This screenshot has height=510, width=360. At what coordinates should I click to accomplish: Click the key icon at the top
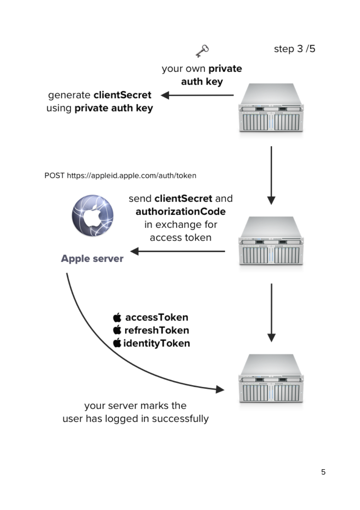tap(202, 51)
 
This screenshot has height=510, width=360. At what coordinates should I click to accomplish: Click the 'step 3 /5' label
tap(294, 49)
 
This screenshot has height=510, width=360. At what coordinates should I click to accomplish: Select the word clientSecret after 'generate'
tap(123, 95)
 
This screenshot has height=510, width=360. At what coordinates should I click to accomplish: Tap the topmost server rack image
tap(271, 108)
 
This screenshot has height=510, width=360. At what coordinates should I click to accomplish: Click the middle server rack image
tap(271, 240)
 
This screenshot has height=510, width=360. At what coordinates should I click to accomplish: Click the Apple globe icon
tap(93, 215)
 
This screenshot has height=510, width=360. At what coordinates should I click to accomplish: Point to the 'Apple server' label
tap(92, 258)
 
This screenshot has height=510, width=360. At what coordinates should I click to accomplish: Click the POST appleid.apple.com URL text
tap(120, 176)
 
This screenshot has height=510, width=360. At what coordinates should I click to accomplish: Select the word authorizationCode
tap(181, 211)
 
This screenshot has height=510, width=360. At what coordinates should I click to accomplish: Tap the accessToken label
tap(157, 317)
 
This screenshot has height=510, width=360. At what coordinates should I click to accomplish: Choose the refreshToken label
tap(157, 330)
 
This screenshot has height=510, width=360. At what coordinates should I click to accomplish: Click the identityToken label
tap(157, 343)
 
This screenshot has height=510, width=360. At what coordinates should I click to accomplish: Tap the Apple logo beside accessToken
tap(117, 317)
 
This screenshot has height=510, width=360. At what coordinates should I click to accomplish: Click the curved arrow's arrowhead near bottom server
tap(220, 390)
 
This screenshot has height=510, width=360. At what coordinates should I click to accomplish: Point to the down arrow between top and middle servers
tap(271, 176)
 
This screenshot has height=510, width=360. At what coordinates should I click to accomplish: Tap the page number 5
tap(323, 472)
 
